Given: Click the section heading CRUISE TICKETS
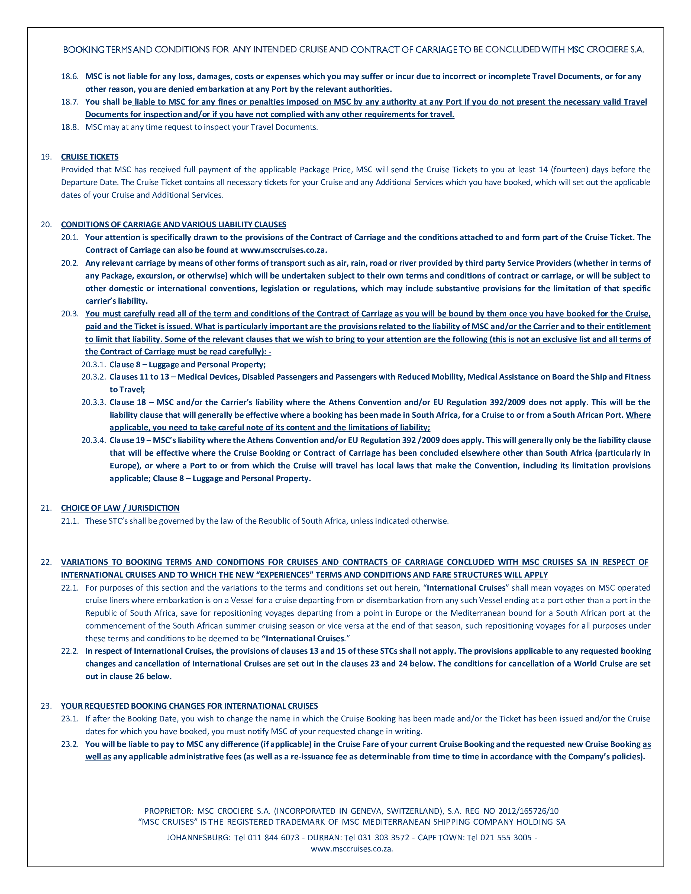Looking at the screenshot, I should click(x=90, y=157).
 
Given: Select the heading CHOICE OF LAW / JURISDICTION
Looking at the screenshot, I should click(x=120, y=508).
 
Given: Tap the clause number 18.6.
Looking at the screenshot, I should click(x=70, y=77).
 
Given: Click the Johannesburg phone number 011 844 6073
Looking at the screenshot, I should click(x=273, y=837).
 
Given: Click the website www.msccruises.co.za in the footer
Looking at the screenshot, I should click(x=352, y=848).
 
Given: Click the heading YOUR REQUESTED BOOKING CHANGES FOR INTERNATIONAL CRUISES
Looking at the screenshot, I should click(x=189, y=706).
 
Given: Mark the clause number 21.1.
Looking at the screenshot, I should click(x=70, y=521).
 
